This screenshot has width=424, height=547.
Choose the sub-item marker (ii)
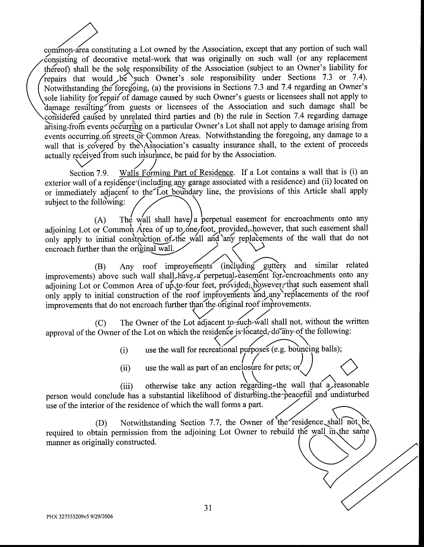tap(125, 368)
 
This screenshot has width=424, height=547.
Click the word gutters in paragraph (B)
tap(275, 266)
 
